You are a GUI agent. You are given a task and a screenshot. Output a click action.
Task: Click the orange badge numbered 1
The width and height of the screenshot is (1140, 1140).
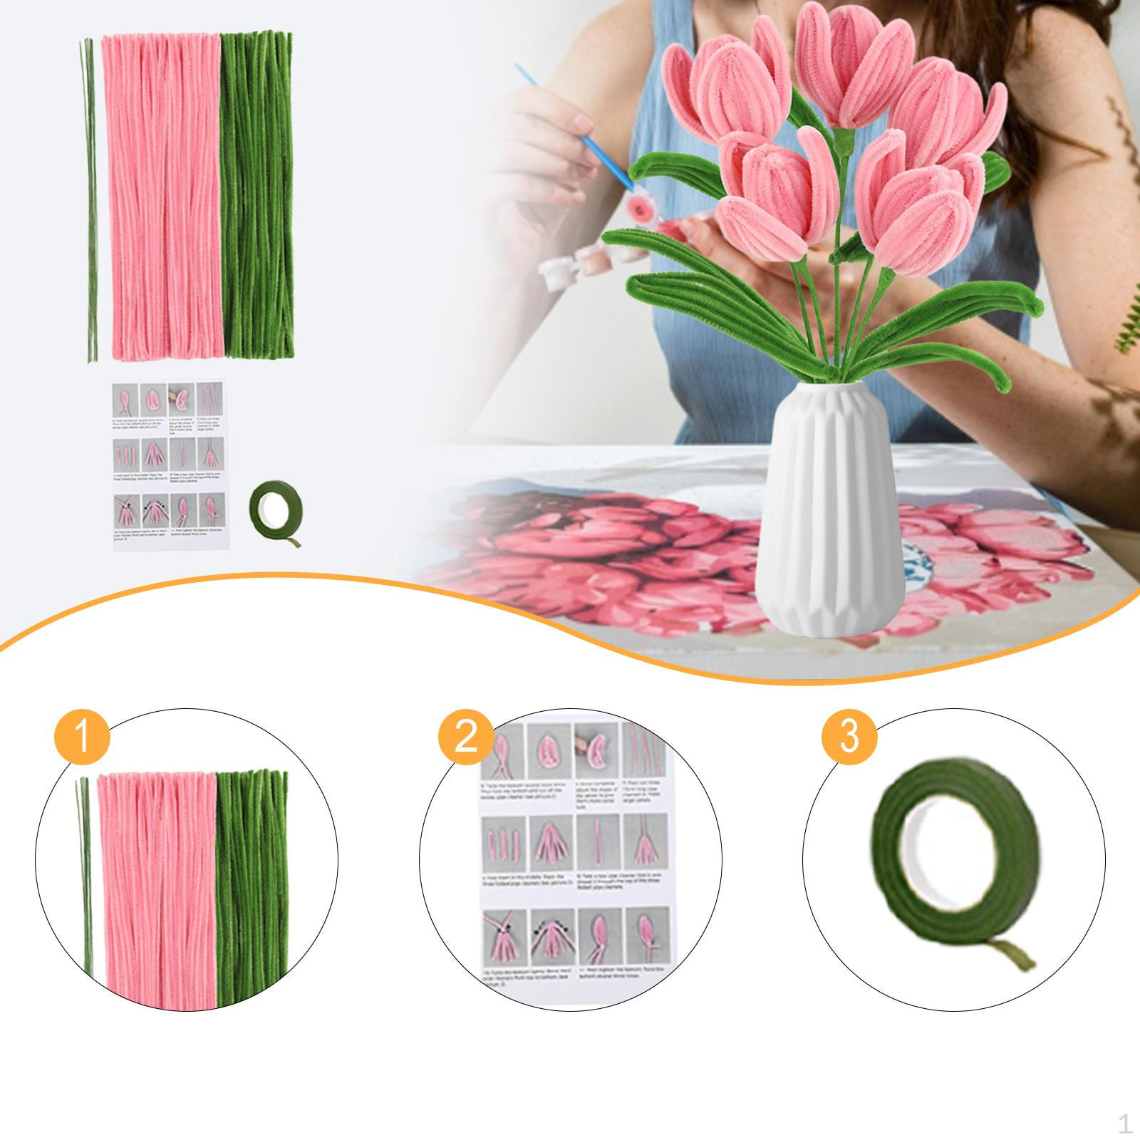pos(82,737)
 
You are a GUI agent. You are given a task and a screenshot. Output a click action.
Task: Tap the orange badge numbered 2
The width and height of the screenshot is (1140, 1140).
pos(465,737)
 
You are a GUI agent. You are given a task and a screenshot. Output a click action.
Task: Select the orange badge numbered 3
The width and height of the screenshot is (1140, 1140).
pos(849,737)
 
